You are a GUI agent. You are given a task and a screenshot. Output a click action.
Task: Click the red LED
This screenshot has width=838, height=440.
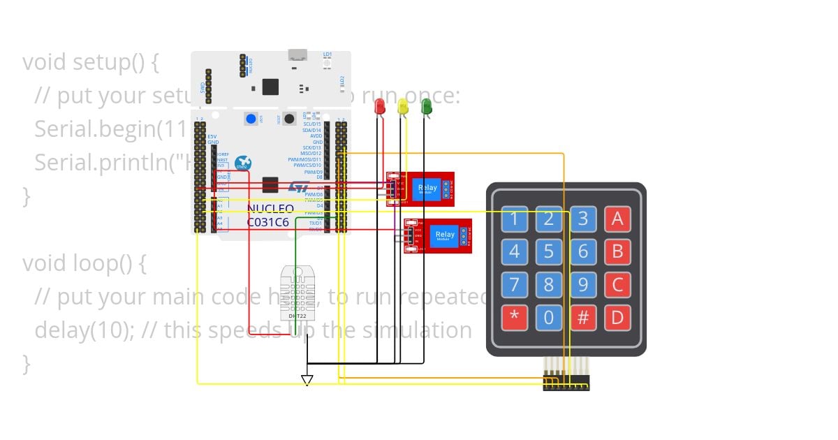click(x=380, y=106)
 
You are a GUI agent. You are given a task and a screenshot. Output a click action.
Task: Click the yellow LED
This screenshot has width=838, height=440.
click(x=403, y=106)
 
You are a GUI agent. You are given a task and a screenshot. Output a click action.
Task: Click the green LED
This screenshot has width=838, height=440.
click(x=426, y=106)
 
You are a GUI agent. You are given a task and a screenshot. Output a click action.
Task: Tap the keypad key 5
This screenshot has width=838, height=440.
click(x=549, y=251)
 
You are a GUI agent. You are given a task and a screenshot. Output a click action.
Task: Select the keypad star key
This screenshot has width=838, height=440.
click(x=515, y=318)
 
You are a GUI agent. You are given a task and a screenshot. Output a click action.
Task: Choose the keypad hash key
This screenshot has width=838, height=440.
click(x=583, y=318)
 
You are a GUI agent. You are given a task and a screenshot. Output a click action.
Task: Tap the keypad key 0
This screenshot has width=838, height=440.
click(x=549, y=318)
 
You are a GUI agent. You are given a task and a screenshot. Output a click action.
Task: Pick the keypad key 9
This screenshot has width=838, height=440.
click(x=583, y=284)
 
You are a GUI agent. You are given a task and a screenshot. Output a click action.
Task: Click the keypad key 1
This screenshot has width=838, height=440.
click(x=515, y=219)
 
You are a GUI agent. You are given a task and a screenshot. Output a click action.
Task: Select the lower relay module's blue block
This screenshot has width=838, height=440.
click(x=444, y=235)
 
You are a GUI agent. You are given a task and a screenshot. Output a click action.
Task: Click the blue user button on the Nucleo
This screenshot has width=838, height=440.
click(x=251, y=118)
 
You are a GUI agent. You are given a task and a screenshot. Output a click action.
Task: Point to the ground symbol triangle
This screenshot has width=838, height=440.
click(x=307, y=380)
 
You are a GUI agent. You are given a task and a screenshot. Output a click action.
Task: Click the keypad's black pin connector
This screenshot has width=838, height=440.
click(x=566, y=383)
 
